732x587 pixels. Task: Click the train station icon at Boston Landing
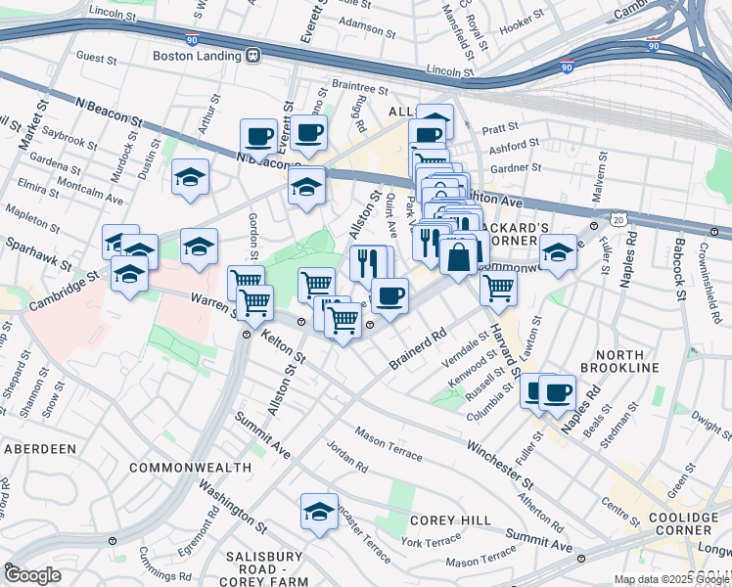click(x=254, y=56)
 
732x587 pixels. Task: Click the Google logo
click(x=33, y=574)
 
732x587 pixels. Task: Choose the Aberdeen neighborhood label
click(x=40, y=448)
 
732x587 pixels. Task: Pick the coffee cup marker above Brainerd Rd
click(x=389, y=296)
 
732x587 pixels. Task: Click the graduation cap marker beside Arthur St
click(x=190, y=178)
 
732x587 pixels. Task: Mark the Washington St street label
click(x=232, y=505)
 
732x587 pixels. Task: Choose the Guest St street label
click(x=96, y=59)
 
